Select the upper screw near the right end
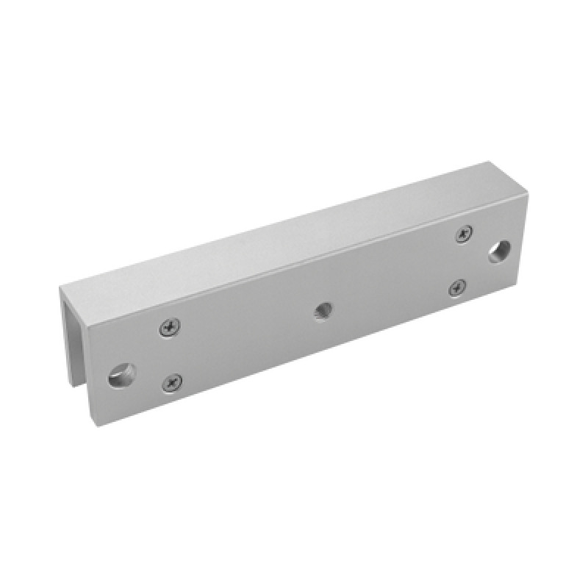(x=464, y=234)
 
